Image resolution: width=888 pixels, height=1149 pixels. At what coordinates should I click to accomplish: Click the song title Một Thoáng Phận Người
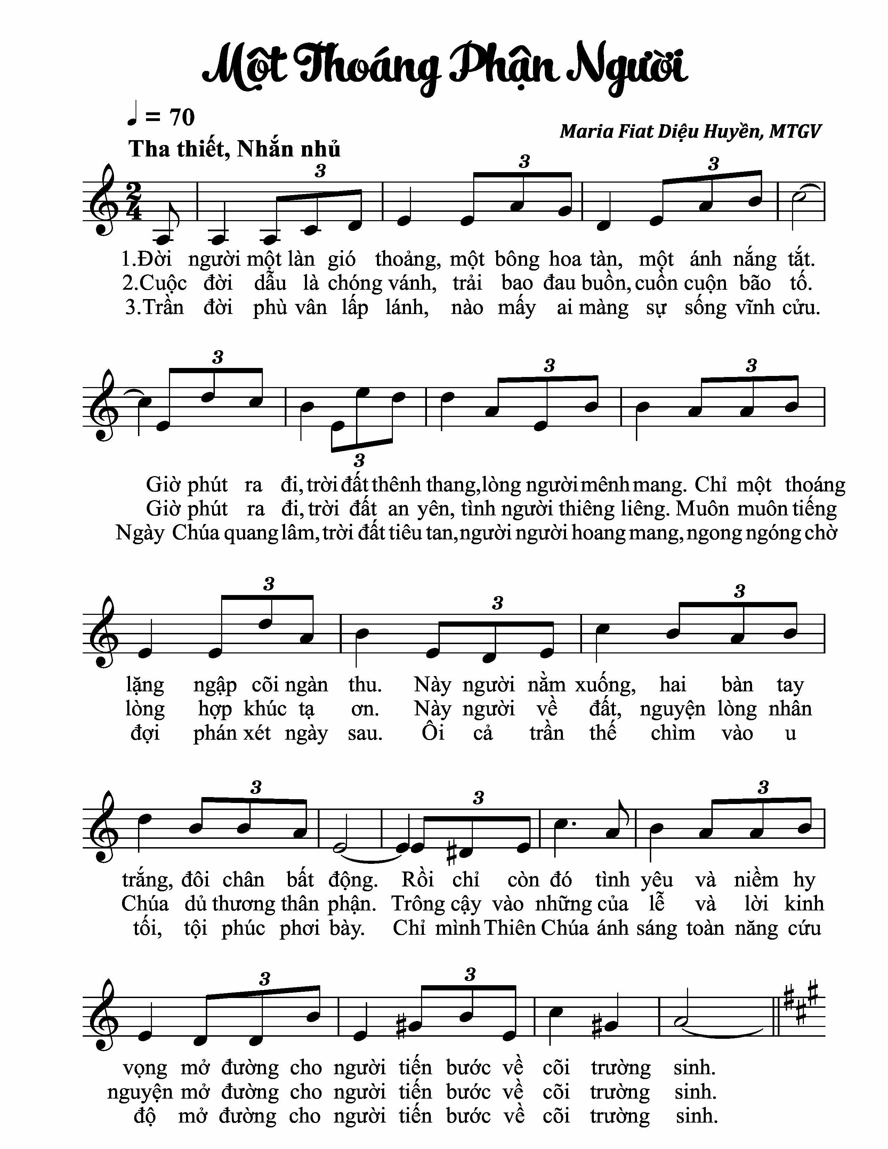point(445,69)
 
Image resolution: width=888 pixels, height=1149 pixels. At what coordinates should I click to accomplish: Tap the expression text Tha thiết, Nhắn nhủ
point(235,150)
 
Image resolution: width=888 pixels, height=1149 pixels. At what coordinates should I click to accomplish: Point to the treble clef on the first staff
point(108,202)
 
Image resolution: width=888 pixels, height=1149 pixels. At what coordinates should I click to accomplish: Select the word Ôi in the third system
point(433,733)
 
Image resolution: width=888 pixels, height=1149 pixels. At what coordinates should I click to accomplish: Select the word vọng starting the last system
point(145,1068)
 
